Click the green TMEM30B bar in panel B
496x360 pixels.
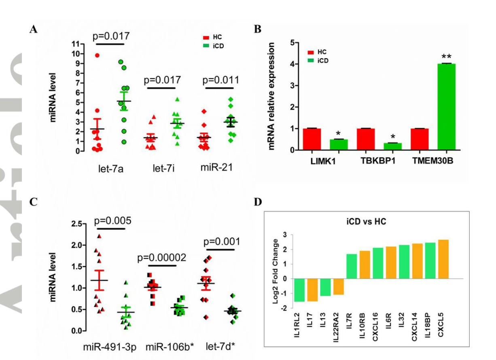click(x=443, y=107)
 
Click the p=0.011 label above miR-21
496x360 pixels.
click(x=220, y=79)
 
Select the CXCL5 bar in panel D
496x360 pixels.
click(x=443, y=259)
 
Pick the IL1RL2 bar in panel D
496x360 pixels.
click(x=299, y=290)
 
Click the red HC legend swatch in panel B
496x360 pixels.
click(x=311, y=53)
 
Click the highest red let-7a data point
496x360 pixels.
click(x=97, y=55)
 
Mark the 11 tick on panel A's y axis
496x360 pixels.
click(x=75, y=44)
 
